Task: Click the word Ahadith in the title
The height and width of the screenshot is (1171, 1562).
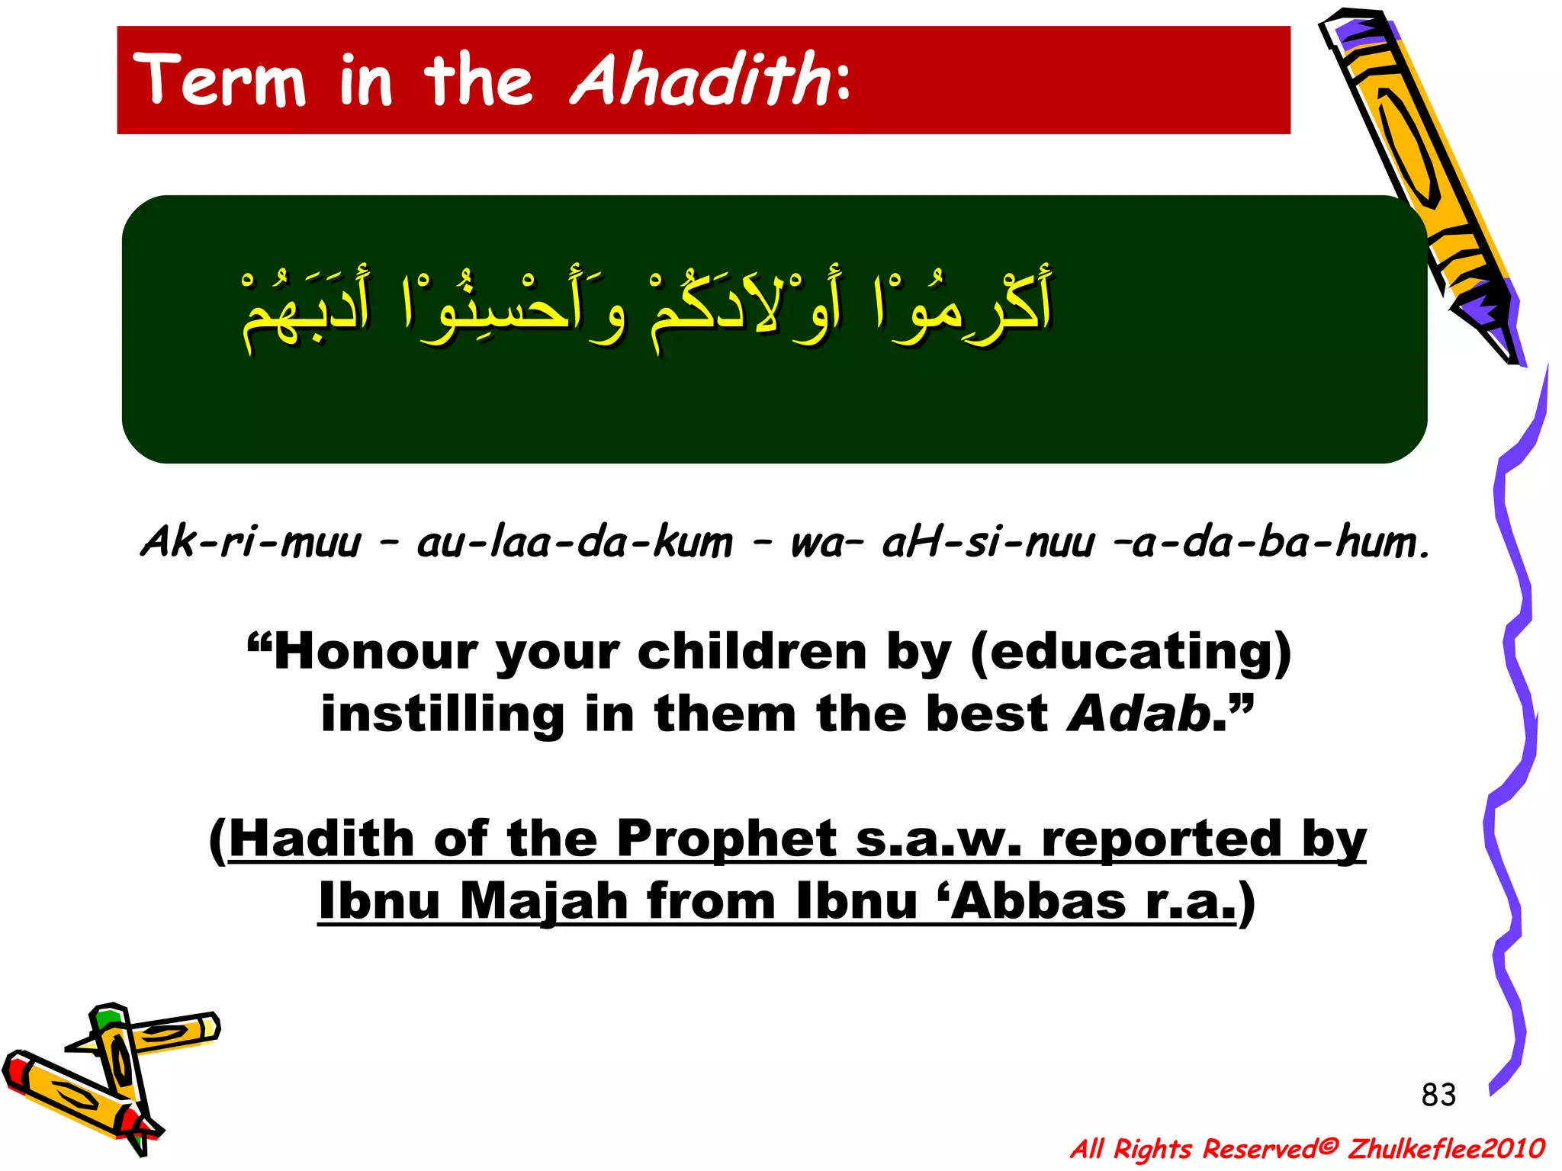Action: [x=700, y=81]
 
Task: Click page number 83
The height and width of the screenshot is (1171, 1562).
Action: [x=1438, y=1095]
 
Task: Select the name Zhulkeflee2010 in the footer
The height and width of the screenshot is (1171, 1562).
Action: [x=1445, y=1148]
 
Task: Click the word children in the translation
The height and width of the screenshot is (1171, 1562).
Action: [x=752, y=653]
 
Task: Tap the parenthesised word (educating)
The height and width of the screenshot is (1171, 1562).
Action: [x=1130, y=653]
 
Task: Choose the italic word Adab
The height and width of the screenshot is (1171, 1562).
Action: [x=1139, y=714]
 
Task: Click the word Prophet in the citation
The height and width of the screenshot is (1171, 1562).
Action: [x=726, y=839]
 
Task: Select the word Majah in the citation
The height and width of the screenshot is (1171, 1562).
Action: [x=543, y=901]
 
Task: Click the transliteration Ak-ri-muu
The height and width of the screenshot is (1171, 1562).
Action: [x=250, y=543]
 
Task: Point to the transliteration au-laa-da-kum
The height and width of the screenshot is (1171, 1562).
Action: [x=574, y=543]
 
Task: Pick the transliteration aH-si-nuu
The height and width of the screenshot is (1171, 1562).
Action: [x=987, y=543]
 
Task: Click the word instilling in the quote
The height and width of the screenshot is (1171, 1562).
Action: [x=442, y=714]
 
